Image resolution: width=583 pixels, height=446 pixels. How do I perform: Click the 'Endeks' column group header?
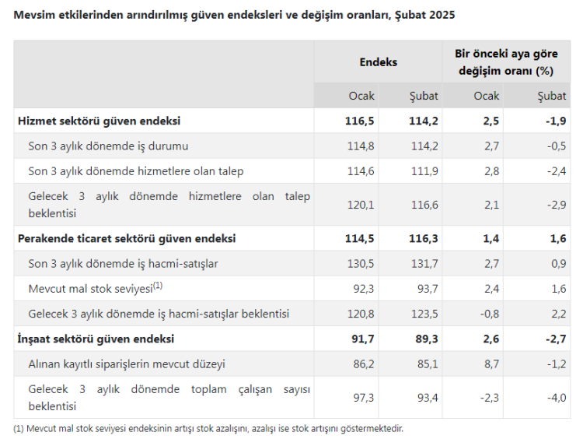tap(378, 61)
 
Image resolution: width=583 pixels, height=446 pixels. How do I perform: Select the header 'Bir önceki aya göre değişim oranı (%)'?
tap(505, 61)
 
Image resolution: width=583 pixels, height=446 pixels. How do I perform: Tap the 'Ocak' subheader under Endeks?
tap(361, 96)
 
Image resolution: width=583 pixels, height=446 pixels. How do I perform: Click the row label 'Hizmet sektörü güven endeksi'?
tap(99, 121)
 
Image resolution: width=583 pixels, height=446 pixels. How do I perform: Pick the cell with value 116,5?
tap(360, 121)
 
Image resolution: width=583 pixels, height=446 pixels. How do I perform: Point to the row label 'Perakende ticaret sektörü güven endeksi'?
tap(127, 238)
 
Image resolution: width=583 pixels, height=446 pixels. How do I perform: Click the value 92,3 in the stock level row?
tap(363, 289)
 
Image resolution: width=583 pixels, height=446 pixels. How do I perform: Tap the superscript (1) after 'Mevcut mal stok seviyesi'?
tap(158, 286)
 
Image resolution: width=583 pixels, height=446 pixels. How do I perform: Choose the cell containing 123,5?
tap(424, 314)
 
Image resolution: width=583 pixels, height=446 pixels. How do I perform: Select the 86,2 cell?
tap(361, 363)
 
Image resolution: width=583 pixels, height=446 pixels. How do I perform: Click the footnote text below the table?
tap(208, 428)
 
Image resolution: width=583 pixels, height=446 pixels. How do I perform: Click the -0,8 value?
tap(487, 314)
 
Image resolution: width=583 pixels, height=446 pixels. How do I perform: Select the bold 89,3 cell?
tap(424, 339)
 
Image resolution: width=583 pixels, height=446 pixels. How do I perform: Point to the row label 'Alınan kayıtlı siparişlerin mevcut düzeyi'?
tap(127, 363)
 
